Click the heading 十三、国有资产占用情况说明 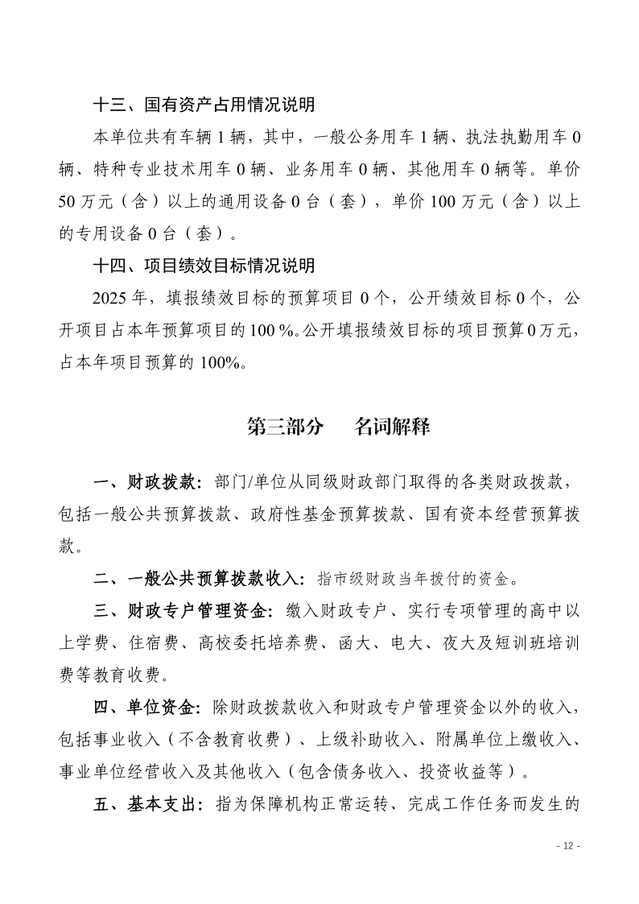(204, 105)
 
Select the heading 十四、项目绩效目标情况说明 (204, 266)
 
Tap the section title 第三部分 (285, 427)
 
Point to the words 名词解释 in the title (392, 427)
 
